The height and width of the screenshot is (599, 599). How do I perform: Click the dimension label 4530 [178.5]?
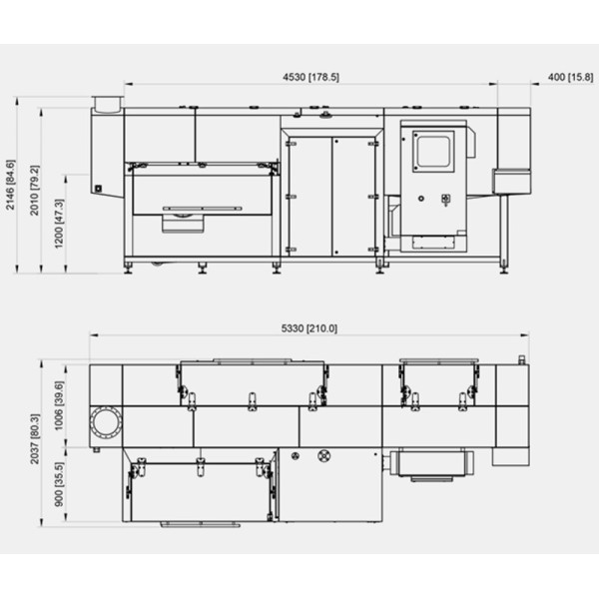click(310, 77)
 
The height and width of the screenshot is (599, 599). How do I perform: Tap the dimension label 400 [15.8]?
click(570, 77)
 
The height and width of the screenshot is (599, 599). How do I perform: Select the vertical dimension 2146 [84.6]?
click(10, 185)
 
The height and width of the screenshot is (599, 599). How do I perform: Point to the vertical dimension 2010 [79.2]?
click(34, 191)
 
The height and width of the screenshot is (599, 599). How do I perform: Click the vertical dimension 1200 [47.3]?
click(59, 224)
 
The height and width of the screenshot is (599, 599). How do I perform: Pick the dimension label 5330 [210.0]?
click(309, 328)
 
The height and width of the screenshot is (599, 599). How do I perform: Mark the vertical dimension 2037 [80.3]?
click(35, 439)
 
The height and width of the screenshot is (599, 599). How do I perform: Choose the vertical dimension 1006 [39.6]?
click(59, 405)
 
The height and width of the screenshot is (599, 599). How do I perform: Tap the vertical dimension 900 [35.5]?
click(59, 485)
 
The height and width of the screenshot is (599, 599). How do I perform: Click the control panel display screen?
click(433, 152)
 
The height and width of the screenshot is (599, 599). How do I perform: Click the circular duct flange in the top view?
click(106, 423)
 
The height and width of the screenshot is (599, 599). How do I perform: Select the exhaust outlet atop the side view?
click(108, 104)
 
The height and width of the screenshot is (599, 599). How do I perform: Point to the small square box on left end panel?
click(98, 188)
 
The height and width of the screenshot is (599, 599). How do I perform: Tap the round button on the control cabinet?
click(421, 199)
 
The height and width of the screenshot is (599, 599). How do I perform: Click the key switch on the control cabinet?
click(445, 200)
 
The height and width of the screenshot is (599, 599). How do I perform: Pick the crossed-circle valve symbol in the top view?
click(323, 455)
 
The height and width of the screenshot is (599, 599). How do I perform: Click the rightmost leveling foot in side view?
click(504, 267)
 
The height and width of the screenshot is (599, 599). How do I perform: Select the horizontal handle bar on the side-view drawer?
click(203, 209)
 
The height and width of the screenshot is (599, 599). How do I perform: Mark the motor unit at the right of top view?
click(431, 463)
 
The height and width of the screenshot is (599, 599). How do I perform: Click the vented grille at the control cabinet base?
click(433, 243)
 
